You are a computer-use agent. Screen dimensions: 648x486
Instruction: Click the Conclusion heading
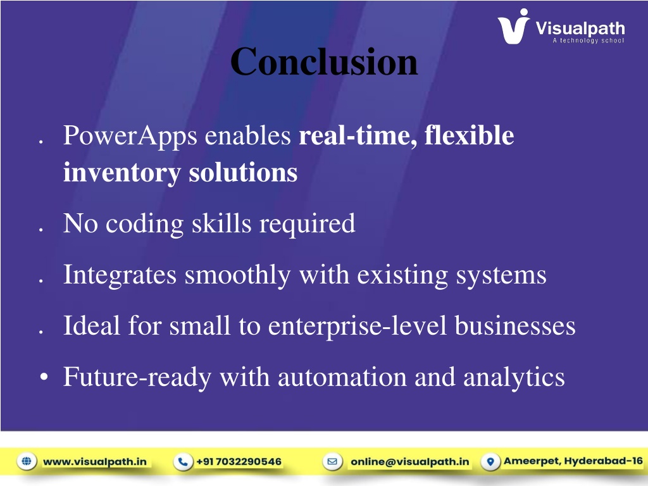[324, 61]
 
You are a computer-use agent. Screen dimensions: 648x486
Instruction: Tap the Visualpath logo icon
[513, 27]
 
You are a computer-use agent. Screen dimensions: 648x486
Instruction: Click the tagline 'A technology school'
[589, 40]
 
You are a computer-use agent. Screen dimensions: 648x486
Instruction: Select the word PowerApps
[130, 137]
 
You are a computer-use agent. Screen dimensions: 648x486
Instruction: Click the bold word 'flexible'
[469, 135]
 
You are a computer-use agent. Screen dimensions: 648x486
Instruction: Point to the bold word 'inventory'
[122, 173]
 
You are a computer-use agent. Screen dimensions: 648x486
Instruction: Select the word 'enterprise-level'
[358, 327]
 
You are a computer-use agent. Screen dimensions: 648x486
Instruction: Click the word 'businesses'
[515, 326]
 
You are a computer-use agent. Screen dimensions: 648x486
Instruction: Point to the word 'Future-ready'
[137, 378]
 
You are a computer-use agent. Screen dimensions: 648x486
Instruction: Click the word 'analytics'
[514, 378]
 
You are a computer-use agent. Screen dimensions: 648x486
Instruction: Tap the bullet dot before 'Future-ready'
[44, 377]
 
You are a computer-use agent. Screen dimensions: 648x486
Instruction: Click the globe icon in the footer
[27, 461]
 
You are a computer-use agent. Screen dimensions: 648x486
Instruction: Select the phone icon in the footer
[183, 461]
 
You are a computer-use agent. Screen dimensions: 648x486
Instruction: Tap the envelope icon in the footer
[333, 461]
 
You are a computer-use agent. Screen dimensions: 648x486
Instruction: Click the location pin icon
[490, 461]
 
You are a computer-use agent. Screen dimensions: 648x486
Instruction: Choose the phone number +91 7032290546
[239, 461]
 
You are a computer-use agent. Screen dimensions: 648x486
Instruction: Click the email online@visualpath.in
[410, 461]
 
